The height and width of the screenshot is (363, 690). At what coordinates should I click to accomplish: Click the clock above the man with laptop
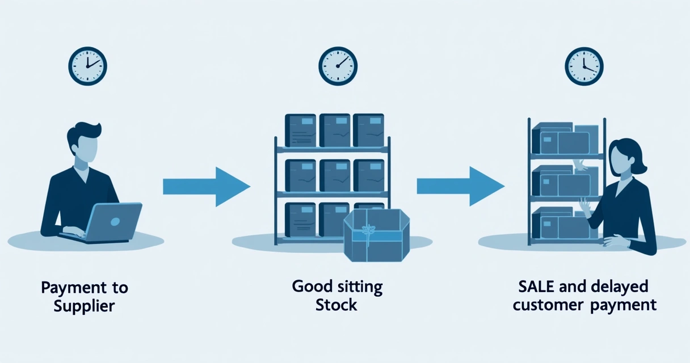pyautogui.click(x=87, y=66)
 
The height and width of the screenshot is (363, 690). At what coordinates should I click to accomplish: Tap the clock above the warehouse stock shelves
pyautogui.click(x=338, y=66)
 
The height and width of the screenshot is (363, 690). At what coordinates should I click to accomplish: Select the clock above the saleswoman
pyautogui.click(x=584, y=66)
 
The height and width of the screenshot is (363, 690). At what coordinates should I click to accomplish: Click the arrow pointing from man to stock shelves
pyautogui.click(x=206, y=187)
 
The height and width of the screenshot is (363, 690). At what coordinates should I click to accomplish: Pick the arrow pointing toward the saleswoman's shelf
pyautogui.click(x=460, y=187)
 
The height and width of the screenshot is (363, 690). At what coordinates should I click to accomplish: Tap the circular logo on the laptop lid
pyautogui.click(x=115, y=221)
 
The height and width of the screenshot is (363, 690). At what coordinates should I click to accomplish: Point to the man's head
pyautogui.click(x=84, y=142)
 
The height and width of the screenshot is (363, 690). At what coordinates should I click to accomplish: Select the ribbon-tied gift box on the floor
pyautogui.click(x=376, y=235)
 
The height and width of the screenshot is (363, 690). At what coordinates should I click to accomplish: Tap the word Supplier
pyautogui.click(x=84, y=307)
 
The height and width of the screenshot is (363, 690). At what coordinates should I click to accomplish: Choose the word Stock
pyautogui.click(x=336, y=305)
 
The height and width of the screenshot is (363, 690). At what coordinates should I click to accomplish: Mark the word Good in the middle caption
pyautogui.click(x=310, y=286)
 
